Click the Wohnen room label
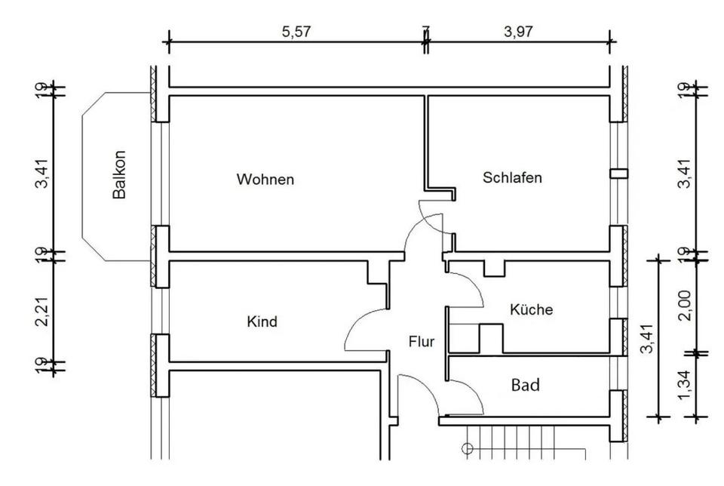(265, 180)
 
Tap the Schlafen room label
(512, 178)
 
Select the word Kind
(262, 322)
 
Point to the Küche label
(531, 309)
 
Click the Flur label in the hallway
(422, 342)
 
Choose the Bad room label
(525, 386)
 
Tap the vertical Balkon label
(119, 174)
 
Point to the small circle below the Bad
(467, 451)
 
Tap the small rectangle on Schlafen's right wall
(618, 174)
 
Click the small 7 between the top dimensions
(426, 31)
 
